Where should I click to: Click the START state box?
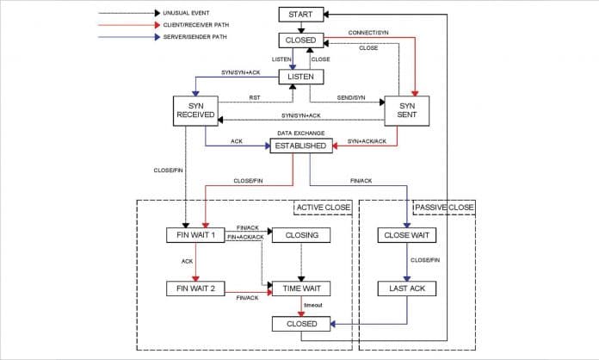click(x=300, y=15)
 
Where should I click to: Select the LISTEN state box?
click(x=300, y=77)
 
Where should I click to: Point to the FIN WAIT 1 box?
click(x=195, y=235)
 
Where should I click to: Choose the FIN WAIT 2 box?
click(x=195, y=289)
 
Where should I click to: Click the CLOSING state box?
click(x=300, y=235)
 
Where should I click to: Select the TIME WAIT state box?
click(x=300, y=289)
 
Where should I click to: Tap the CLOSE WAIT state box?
click(x=406, y=235)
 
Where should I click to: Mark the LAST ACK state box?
click(x=406, y=289)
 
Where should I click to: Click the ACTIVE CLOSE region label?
click(x=323, y=208)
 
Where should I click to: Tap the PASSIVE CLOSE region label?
click(x=444, y=208)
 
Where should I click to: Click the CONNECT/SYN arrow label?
click(x=370, y=33)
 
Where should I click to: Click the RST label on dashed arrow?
click(x=255, y=98)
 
